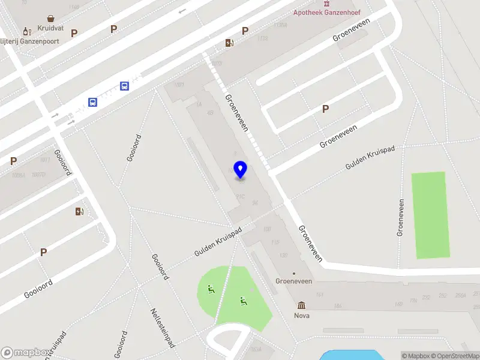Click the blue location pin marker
[x=240, y=170]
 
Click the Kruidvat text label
[x=50, y=28]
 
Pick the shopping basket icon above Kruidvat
[x=50, y=19]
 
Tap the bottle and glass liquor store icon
[x=26, y=31]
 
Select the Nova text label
[x=301, y=316]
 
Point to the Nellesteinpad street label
[x=161, y=328]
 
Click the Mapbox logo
[x=25, y=353]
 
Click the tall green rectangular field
[x=430, y=215]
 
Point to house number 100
[x=267, y=230]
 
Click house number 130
[x=283, y=254]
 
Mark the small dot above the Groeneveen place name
[x=293, y=274]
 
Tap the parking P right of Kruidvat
[x=74, y=34]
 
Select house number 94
[x=256, y=203]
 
